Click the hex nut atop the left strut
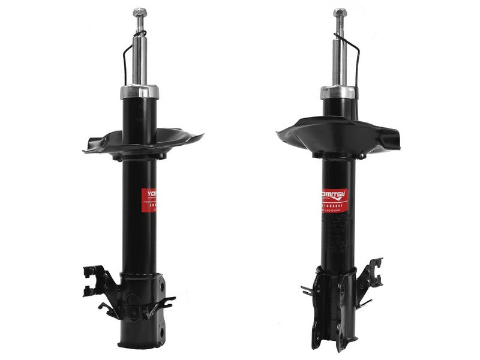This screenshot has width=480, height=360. [x=140, y=12]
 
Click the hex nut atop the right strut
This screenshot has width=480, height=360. [x=340, y=13]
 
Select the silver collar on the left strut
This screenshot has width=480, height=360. [x=140, y=92]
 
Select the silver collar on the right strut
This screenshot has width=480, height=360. [x=338, y=92]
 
